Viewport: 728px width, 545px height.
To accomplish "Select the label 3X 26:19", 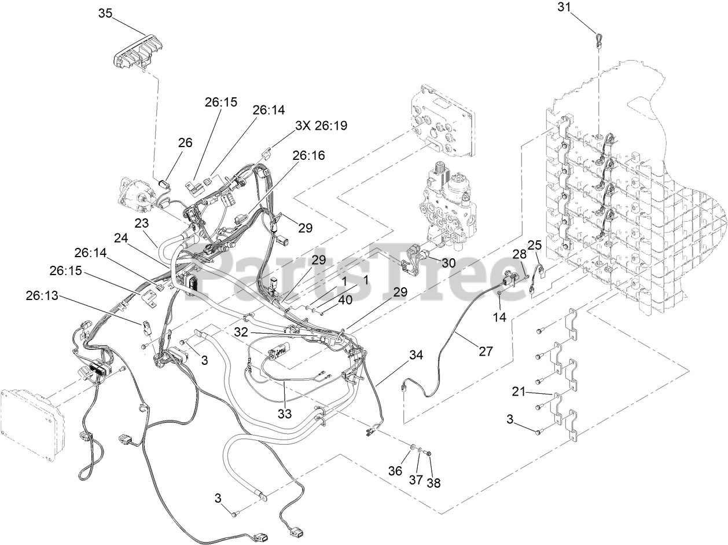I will coord(321,125).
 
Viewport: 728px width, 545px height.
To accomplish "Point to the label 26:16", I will coord(308,155).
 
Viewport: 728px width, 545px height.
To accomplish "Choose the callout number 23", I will coord(142,223).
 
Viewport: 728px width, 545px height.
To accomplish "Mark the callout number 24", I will coord(121,238).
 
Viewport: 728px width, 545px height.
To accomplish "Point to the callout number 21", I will coord(518,392).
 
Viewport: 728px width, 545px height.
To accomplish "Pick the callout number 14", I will coord(499,317).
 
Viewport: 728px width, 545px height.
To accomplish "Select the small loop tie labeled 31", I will coord(598,39).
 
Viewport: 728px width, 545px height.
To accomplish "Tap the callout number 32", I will coord(241,332).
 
